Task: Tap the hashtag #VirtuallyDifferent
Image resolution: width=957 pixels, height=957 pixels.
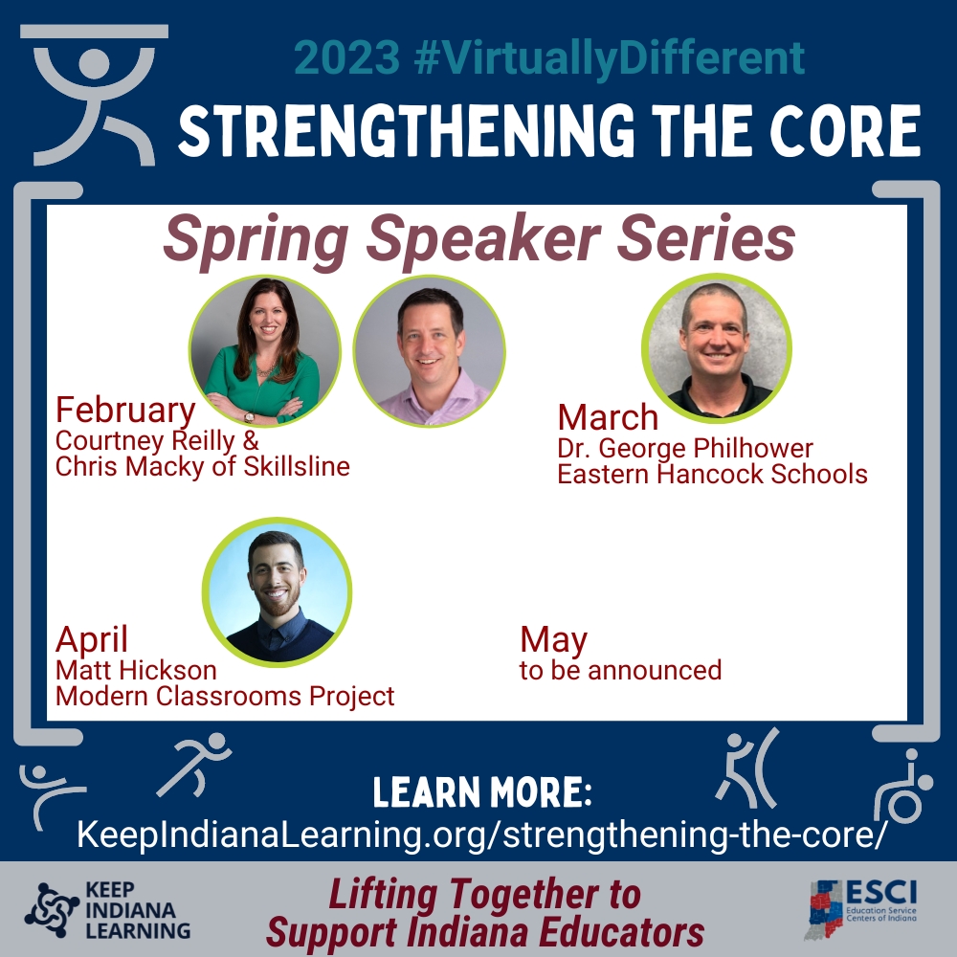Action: point(609,58)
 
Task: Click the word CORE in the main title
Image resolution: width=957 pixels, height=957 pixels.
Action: point(845,130)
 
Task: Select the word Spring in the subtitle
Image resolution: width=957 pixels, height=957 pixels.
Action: point(256,239)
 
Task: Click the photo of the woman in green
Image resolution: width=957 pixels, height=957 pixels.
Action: point(264,350)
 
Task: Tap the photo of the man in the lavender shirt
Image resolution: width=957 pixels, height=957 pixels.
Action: point(429,351)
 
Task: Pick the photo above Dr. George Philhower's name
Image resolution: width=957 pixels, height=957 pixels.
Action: point(717,348)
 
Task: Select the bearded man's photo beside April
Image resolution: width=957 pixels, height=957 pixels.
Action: point(278,592)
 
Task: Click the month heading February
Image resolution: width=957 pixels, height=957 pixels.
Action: point(125,410)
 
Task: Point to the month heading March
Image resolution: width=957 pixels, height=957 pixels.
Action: point(608,417)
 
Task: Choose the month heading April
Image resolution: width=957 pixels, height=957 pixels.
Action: point(92,639)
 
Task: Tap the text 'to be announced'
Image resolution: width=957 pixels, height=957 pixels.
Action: point(621,670)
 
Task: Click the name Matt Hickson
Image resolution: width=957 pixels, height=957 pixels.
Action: point(136,670)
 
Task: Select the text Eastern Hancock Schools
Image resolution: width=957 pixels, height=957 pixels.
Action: point(712,475)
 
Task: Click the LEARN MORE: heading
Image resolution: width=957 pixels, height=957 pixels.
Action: point(482,791)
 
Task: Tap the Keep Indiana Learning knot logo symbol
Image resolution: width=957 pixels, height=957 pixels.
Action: point(52,910)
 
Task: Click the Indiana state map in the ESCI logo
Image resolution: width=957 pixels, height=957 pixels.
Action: point(824,910)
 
